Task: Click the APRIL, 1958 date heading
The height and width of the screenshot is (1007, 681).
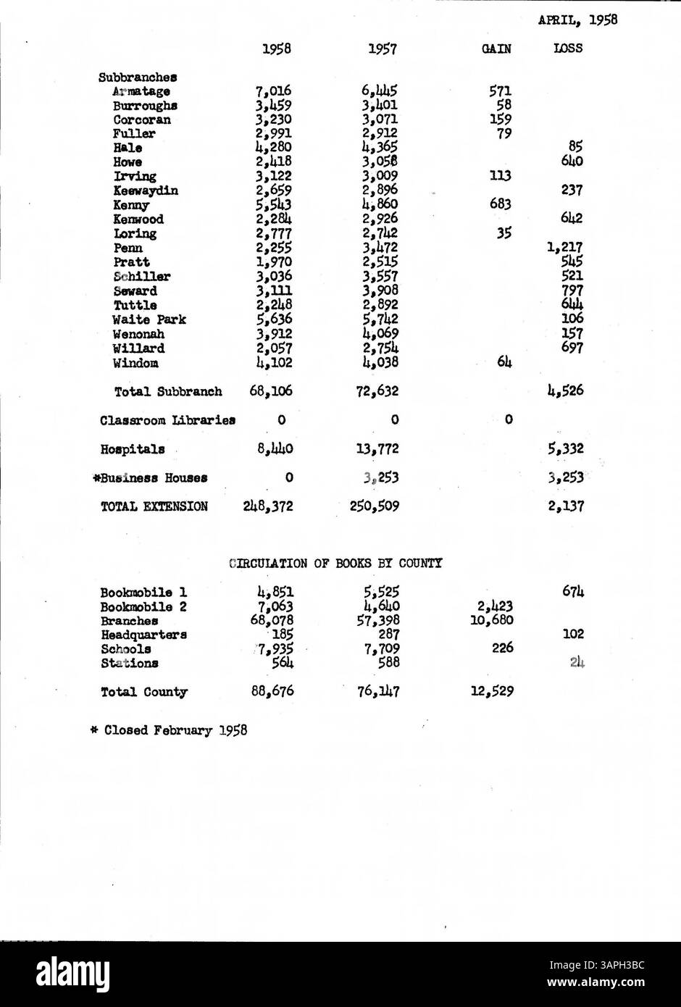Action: pyautogui.click(x=577, y=20)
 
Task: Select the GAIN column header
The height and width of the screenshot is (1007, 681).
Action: pyautogui.click(x=496, y=49)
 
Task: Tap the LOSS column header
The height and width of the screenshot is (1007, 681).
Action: pyautogui.click(x=568, y=49)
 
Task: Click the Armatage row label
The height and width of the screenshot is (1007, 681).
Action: pyautogui.click(x=141, y=91)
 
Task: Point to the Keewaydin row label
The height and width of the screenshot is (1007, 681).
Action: pyautogui.click(x=146, y=191)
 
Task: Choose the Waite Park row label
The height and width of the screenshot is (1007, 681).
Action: pyautogui.click(x=149, y=319)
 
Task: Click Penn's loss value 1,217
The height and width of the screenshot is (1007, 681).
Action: pyautogui.click(x=564, y=248)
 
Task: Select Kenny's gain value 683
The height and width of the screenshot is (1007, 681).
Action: pyautogui.click(x=500, y=204)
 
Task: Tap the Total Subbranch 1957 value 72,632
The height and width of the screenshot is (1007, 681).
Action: pyautogui.click(x=379, y=391)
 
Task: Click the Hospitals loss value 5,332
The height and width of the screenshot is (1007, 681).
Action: pyautogui.click(x=565, y=449)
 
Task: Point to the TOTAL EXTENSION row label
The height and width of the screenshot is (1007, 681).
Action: pyautogui.click(x=154, y=506)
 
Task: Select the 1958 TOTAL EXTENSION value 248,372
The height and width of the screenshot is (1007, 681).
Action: pyautogui.click(x=268, y=506)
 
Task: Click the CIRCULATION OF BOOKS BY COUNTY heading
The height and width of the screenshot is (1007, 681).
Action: pyautogui.click(x=335, y=563)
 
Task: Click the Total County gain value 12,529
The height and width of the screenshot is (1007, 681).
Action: pyautogui.click(x=492, y=691)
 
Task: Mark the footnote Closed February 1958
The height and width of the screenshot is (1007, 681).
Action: pyautogui.click(x=169, y=730)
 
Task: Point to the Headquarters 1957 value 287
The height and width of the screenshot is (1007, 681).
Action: pyautogui.click(x=385, y=635)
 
